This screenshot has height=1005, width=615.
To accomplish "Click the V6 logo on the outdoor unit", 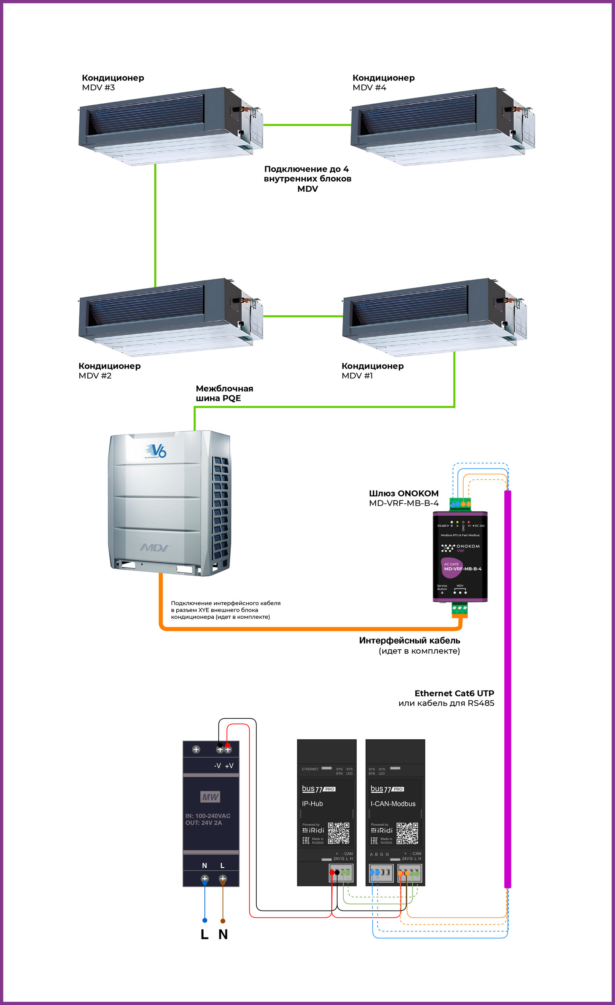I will pyautogui.click(x=156, y=451).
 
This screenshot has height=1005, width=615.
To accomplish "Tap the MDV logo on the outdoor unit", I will pyautogui.click(x=155, y=548).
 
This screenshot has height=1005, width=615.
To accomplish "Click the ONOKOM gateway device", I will pyautogui.click(x=460, y=557).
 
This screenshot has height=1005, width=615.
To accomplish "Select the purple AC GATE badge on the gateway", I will pyautogui.click(x=451, y=567).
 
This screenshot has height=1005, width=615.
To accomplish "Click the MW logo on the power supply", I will pyautogui.click(x=211, y=797).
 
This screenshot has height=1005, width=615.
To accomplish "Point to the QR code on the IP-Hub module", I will pyautogui.click(x=338, y=833).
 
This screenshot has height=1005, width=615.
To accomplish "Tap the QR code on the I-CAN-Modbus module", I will pyautogui.click(x=407, y=833).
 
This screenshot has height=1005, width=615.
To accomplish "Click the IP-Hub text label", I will pyautogui.click(x=312, y=804).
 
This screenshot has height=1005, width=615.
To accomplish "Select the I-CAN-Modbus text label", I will pyautogui.click(x=393, y=804).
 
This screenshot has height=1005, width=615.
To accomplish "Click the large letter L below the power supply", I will pyautogui.click(x=204, y=934).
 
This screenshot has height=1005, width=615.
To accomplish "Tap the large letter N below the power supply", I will pyautogui.click(x=223, y=934).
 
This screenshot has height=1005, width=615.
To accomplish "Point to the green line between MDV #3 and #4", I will pyautogui.click(x=307, y=125).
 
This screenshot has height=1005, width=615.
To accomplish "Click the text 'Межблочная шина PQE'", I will pyautogui.click(x=224, y=393).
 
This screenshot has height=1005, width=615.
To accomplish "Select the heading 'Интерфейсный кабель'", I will pyautogui.click(x=410, y=640).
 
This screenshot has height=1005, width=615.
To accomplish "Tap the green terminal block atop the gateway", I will pyautogui.click(x=460, y=504).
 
